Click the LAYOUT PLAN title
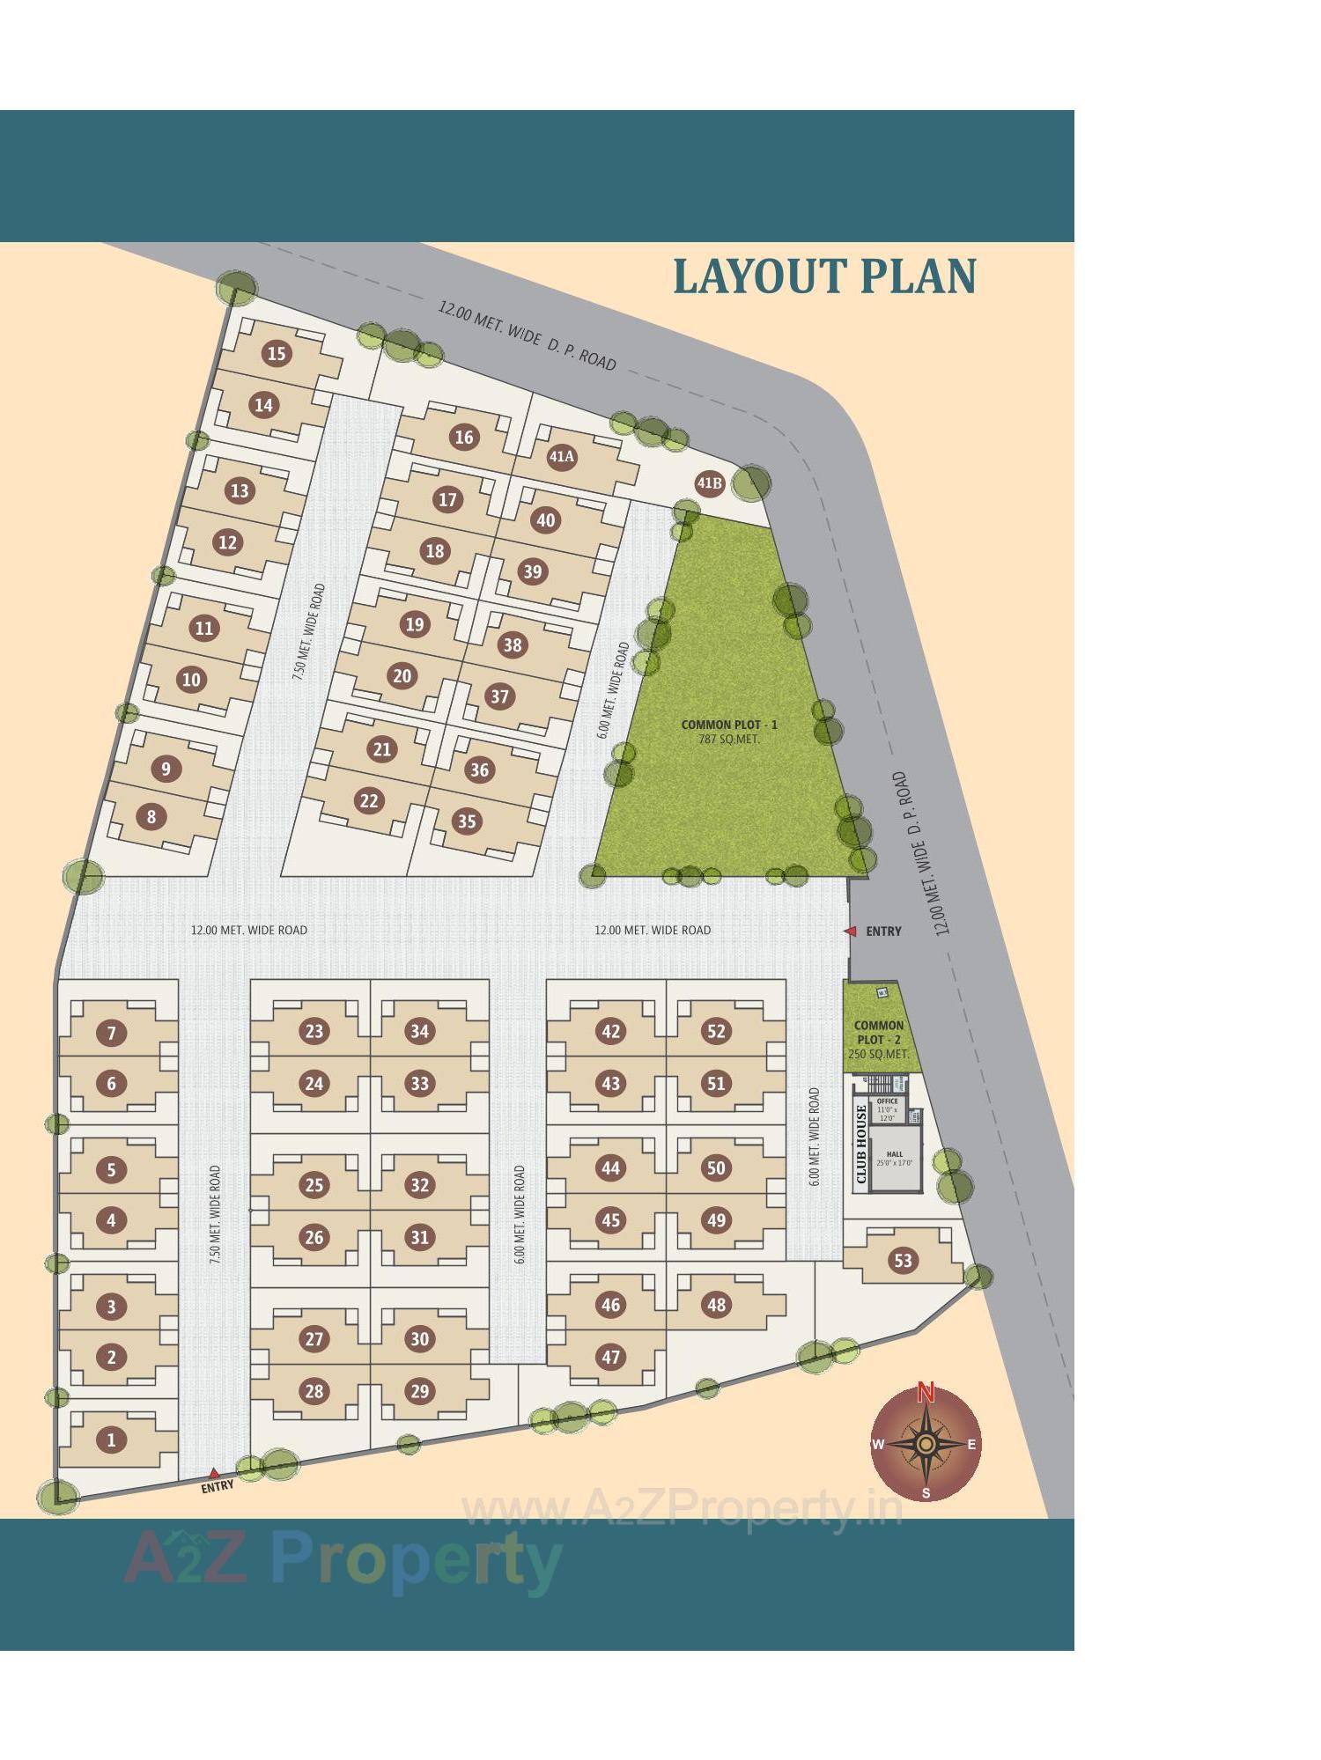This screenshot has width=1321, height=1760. pyautogui.click(x=824, y=276)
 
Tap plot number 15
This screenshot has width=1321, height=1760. pyautogui.click(x=277, y=353)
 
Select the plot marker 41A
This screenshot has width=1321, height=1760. pyautogui.click(x=562, y=457)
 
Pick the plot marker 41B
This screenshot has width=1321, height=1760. pyautogui.click(x=709, y=482)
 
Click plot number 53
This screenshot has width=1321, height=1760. pyautogui.click(x=903, y=1260)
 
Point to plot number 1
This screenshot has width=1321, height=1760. pyautogui.click(x=111, y=1440)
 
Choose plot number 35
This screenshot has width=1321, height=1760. pyautogui.click(x=466, y=821)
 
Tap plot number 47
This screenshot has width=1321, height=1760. pyautogui.click(x=610, y=1357)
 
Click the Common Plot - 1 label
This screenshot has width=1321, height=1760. pyautogui.click(x=729, y=725)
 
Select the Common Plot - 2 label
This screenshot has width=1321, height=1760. pyautogui.click(x=878, y=1032)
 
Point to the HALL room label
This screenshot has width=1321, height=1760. pyautogui.click(x=895, y=1153)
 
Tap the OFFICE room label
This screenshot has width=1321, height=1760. pyautogui.click(x=887, y=1101)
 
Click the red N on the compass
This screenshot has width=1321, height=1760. pyautogui.click(x=926, y=1392)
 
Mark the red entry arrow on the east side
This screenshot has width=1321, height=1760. pyautogui.click(x=850, y=931)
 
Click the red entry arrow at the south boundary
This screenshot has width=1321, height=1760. pyautogui.click(x=214, y=1472)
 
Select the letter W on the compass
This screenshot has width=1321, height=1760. pyautogui.click(x=877, y=1444)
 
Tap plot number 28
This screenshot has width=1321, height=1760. pyautogui.click(x=314, y=1391)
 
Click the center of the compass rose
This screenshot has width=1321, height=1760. pyautogui.click(x=926, y=1445)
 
